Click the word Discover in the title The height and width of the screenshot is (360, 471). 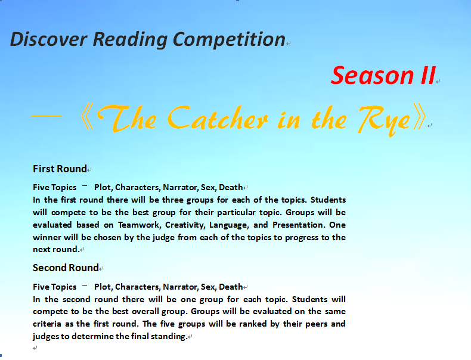pos(49,39)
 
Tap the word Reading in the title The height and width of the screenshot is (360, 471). pos(130,39)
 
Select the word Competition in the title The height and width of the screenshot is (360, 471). pos(229,39)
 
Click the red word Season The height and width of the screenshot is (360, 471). pos(372,75)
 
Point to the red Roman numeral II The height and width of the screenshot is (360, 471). pos(428,75)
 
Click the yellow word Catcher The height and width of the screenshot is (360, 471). pos(217,117)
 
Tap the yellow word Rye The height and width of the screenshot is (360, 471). pos(385,119)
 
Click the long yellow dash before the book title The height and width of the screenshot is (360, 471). pos(47,116)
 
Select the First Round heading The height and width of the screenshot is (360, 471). pos(60,169)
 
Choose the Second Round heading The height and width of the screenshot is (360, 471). pos(66,268)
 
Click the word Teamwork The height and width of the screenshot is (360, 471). pos(138,225)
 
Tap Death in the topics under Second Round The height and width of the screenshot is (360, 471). pos(231,287)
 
